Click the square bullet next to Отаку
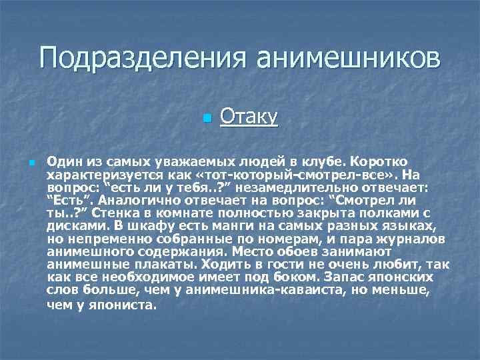(207, 118)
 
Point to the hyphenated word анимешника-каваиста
(237, 289)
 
